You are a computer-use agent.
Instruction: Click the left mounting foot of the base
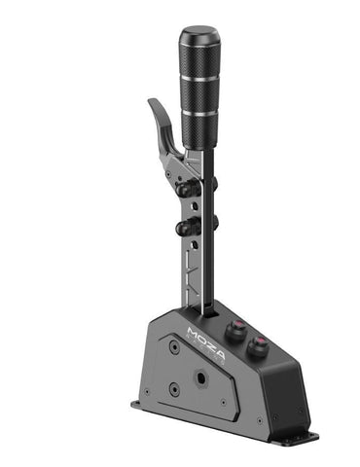[140, 403]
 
